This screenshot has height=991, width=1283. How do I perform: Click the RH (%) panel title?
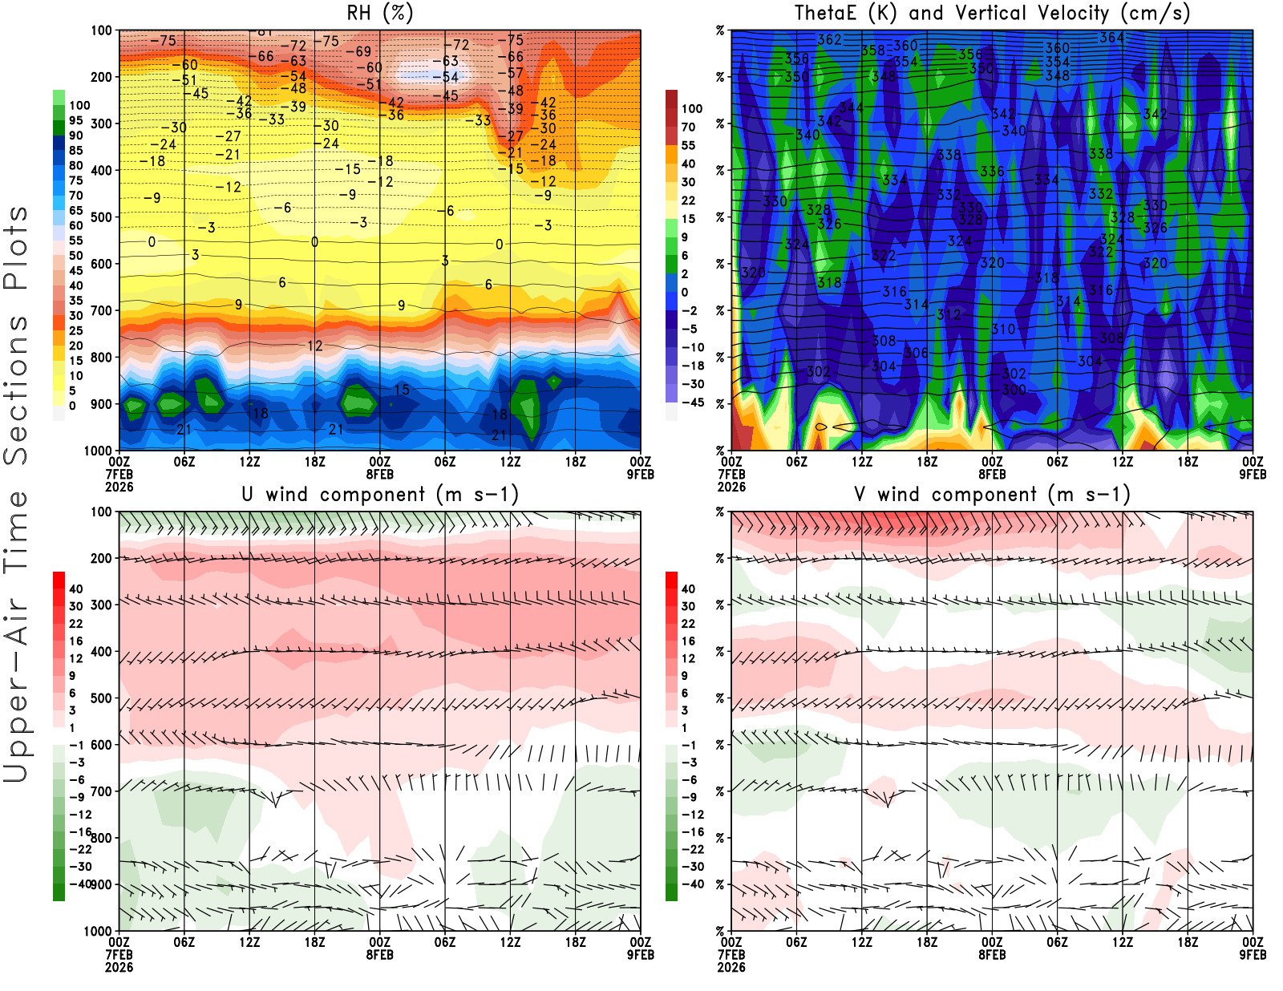[379, 13]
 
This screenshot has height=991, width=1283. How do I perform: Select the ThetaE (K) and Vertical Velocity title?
[992, 13]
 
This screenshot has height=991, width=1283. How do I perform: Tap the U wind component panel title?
[379, 494]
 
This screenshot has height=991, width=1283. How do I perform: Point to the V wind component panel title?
[992, 494]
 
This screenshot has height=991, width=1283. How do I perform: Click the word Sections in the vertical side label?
[16, 390]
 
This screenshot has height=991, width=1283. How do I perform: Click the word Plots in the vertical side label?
[16, 249]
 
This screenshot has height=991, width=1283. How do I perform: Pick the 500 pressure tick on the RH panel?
[102, 217]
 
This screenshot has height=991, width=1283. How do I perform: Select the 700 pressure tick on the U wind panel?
[102, 791]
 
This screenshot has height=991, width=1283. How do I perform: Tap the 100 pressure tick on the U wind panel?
[102, 512]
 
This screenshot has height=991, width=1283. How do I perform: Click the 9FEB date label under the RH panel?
[641, 474]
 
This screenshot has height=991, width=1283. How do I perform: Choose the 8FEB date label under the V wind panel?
[992, 955]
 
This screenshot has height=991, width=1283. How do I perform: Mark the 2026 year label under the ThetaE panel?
[731, 487]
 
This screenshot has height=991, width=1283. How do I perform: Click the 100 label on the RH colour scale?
[79, 105]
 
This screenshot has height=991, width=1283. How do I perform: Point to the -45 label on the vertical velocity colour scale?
[692, 402]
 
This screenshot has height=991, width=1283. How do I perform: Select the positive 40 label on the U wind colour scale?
[76, 589]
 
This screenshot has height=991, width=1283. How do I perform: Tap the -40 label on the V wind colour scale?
[692, 884]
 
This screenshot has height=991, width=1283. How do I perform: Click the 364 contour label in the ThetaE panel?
[1111, 38]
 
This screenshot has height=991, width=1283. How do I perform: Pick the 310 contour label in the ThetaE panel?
[1003, 329]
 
